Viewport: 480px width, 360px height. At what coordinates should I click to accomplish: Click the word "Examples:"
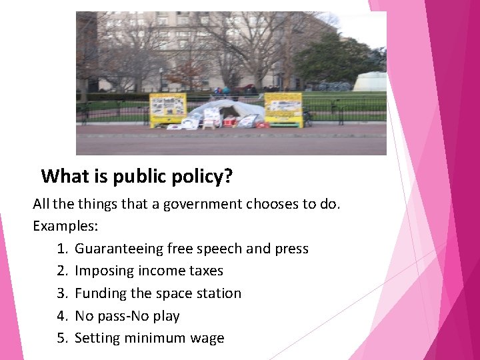coord(65,226)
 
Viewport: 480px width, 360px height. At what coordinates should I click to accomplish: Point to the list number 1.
coord(63,249)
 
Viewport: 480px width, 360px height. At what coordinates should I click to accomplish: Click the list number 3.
coord(63,293)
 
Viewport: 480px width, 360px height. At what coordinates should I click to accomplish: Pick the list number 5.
coord(63,338)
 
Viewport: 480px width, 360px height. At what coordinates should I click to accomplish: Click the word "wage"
coord(207,338)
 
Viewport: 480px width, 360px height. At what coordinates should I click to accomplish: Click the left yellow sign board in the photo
coord(167,108)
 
